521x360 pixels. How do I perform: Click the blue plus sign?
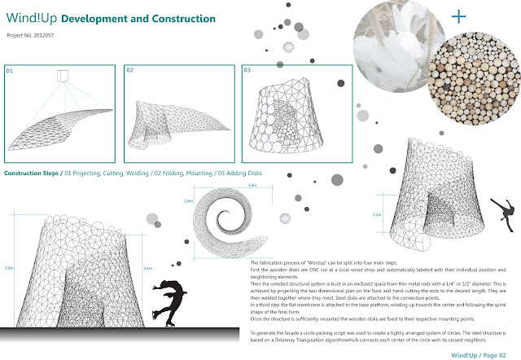(x=460, y=15)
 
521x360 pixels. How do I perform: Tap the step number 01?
(x=11, y=71)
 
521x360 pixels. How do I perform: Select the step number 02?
(x=129, y=71)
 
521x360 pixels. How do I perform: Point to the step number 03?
(x=247, y=71)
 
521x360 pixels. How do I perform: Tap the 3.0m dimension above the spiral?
(x=229, y=185)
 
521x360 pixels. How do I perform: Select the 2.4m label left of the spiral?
(x=189, y=200)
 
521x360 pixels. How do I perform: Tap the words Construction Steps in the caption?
(x=31, y=174)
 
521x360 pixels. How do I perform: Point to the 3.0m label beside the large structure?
(x=8, y=267)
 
